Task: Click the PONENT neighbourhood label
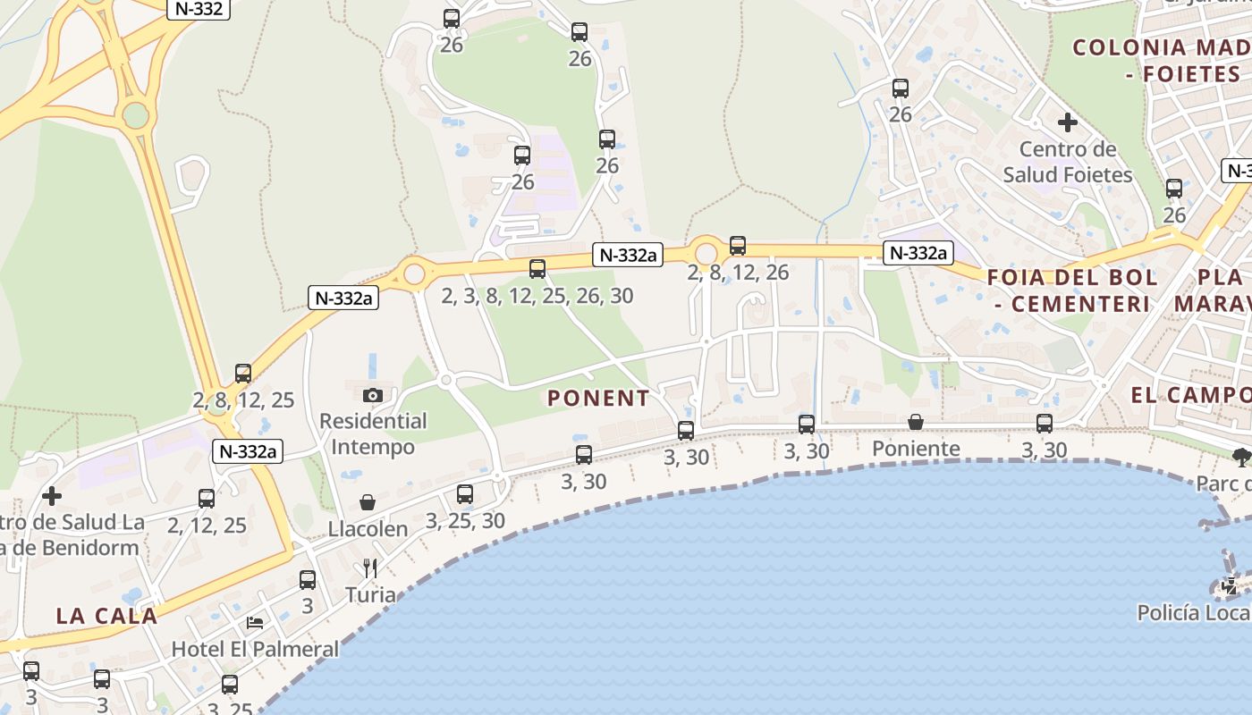pos(598,399)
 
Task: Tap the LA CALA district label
pos(106,616)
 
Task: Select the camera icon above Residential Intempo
pos(373,395)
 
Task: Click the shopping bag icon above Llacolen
pos(368,502)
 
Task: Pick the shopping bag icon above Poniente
pos(916,422)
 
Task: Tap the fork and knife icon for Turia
pos(370,568)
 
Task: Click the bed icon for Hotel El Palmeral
pos(255,622)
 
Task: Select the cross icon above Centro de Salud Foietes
pos(1067,122)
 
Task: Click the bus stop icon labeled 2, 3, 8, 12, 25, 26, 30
pos(537,268)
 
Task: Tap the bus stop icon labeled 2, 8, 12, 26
pos(738,245)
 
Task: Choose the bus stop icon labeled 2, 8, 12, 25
pos(243,374)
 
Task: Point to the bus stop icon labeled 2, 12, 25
pos(207,499)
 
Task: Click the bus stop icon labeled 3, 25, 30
pos(465,493)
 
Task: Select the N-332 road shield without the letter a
pos(199,10)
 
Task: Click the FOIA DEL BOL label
pos(1072,277)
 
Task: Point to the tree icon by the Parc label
pos(1241,457)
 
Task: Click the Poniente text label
pos(916,449)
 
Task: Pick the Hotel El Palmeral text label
pos(255,649)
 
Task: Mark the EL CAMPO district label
pos(1190,395)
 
